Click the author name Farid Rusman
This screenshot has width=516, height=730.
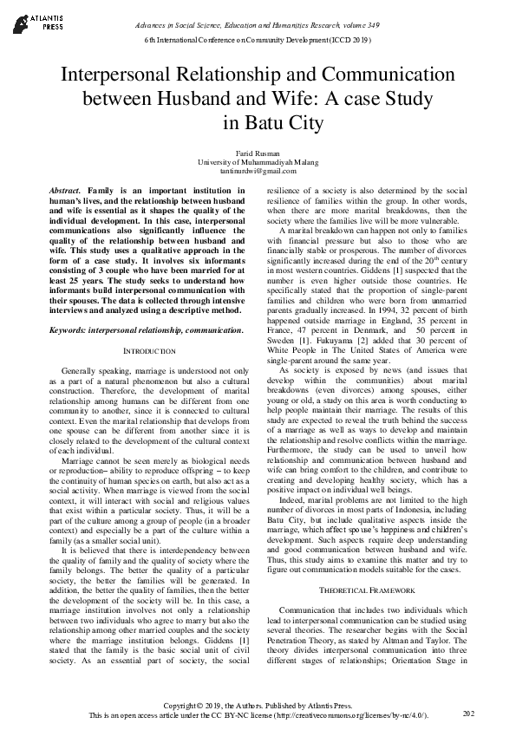click(258, 153)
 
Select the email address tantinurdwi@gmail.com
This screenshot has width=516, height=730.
click(258, 172)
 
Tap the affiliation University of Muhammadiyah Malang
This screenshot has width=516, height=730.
click(258, 162)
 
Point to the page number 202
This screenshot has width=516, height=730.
click(468, 714)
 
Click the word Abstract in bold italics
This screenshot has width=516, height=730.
click(62, 189)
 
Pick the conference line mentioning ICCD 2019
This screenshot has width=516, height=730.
click(258, 41)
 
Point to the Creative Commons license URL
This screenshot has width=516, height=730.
click(349, 717)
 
